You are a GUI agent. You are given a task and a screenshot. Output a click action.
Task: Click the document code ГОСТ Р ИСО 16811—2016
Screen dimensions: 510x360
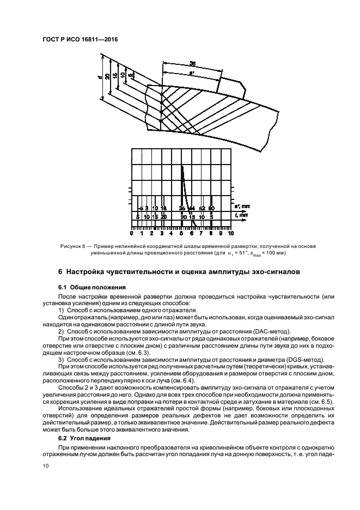pos(79,41)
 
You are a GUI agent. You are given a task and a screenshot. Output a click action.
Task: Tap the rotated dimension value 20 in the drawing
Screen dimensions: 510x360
pos(108,76)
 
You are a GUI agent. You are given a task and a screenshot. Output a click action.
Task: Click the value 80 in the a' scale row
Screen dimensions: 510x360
pos(211,208)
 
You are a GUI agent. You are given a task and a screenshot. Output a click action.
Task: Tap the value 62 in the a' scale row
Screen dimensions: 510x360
pos(202,208)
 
